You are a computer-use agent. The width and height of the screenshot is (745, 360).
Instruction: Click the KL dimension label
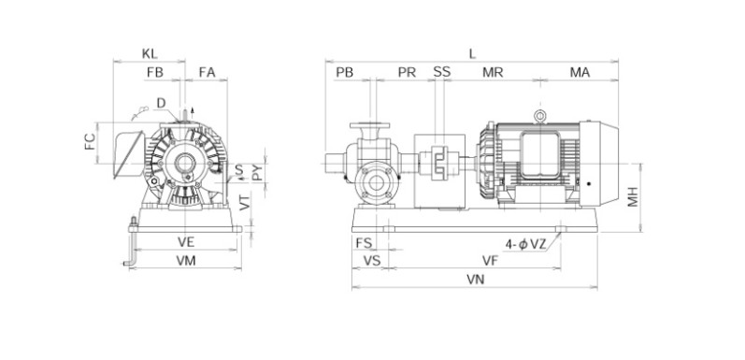click(150, 54)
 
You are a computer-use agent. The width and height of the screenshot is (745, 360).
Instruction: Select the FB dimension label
click(155, 72)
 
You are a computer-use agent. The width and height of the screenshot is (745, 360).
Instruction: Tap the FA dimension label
click(208, 72)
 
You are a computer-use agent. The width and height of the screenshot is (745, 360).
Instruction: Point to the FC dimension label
click(91, 142)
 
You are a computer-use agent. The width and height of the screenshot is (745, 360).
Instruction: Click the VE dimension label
click(186, 242)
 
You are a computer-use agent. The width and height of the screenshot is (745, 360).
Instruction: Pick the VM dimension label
click(186, 261)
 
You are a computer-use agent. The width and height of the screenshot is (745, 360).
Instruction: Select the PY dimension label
click(257, 172)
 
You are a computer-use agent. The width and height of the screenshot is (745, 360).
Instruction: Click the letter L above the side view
click(472, 54)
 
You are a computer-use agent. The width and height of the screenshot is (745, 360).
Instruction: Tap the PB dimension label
click(345, 72)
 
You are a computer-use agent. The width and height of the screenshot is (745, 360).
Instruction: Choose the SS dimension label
click(442, 72)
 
